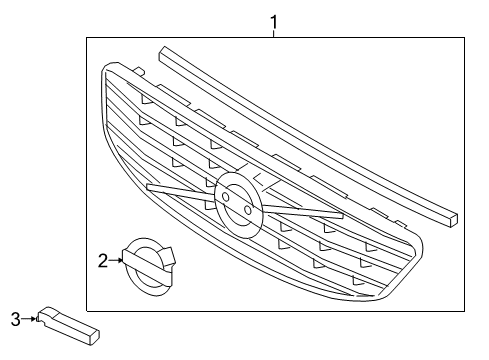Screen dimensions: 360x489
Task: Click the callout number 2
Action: pos(102,261)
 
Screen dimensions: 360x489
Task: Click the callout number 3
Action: pos(15,318)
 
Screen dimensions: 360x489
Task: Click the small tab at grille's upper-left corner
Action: pos(141,69)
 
